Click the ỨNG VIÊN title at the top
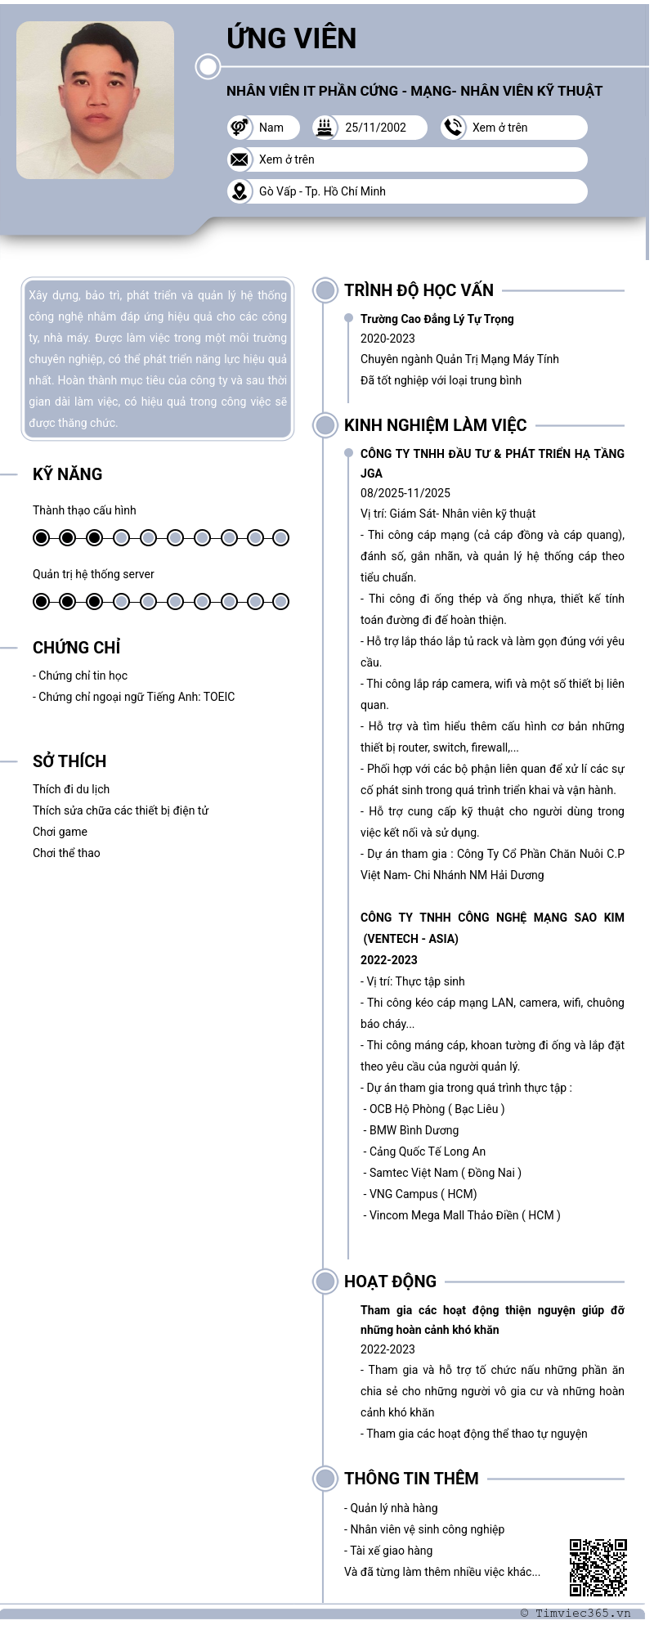pos(291,38)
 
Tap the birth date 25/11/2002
pos(375,128)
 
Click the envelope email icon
pos(240,159)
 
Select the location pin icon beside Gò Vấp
pos(240,191)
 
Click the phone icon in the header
pos(453,128)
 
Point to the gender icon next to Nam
pos(240,128)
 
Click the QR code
pos(598,1567)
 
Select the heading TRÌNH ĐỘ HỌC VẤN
pos(419,290)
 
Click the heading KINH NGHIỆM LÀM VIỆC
pos(435,425)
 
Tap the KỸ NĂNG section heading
pos(67,474)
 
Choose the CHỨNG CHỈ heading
pos(76,648)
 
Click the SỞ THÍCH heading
pos(69,761)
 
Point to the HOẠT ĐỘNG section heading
pos(390,1282)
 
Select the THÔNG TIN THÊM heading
pos(411,1479)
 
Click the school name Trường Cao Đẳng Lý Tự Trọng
pos(437,319)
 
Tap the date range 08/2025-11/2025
pos(405,493)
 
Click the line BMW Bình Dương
pos(414,1130)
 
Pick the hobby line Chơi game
pos(60,832)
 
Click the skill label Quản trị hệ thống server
pos(93,574)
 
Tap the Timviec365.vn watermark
pos(576,1614)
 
